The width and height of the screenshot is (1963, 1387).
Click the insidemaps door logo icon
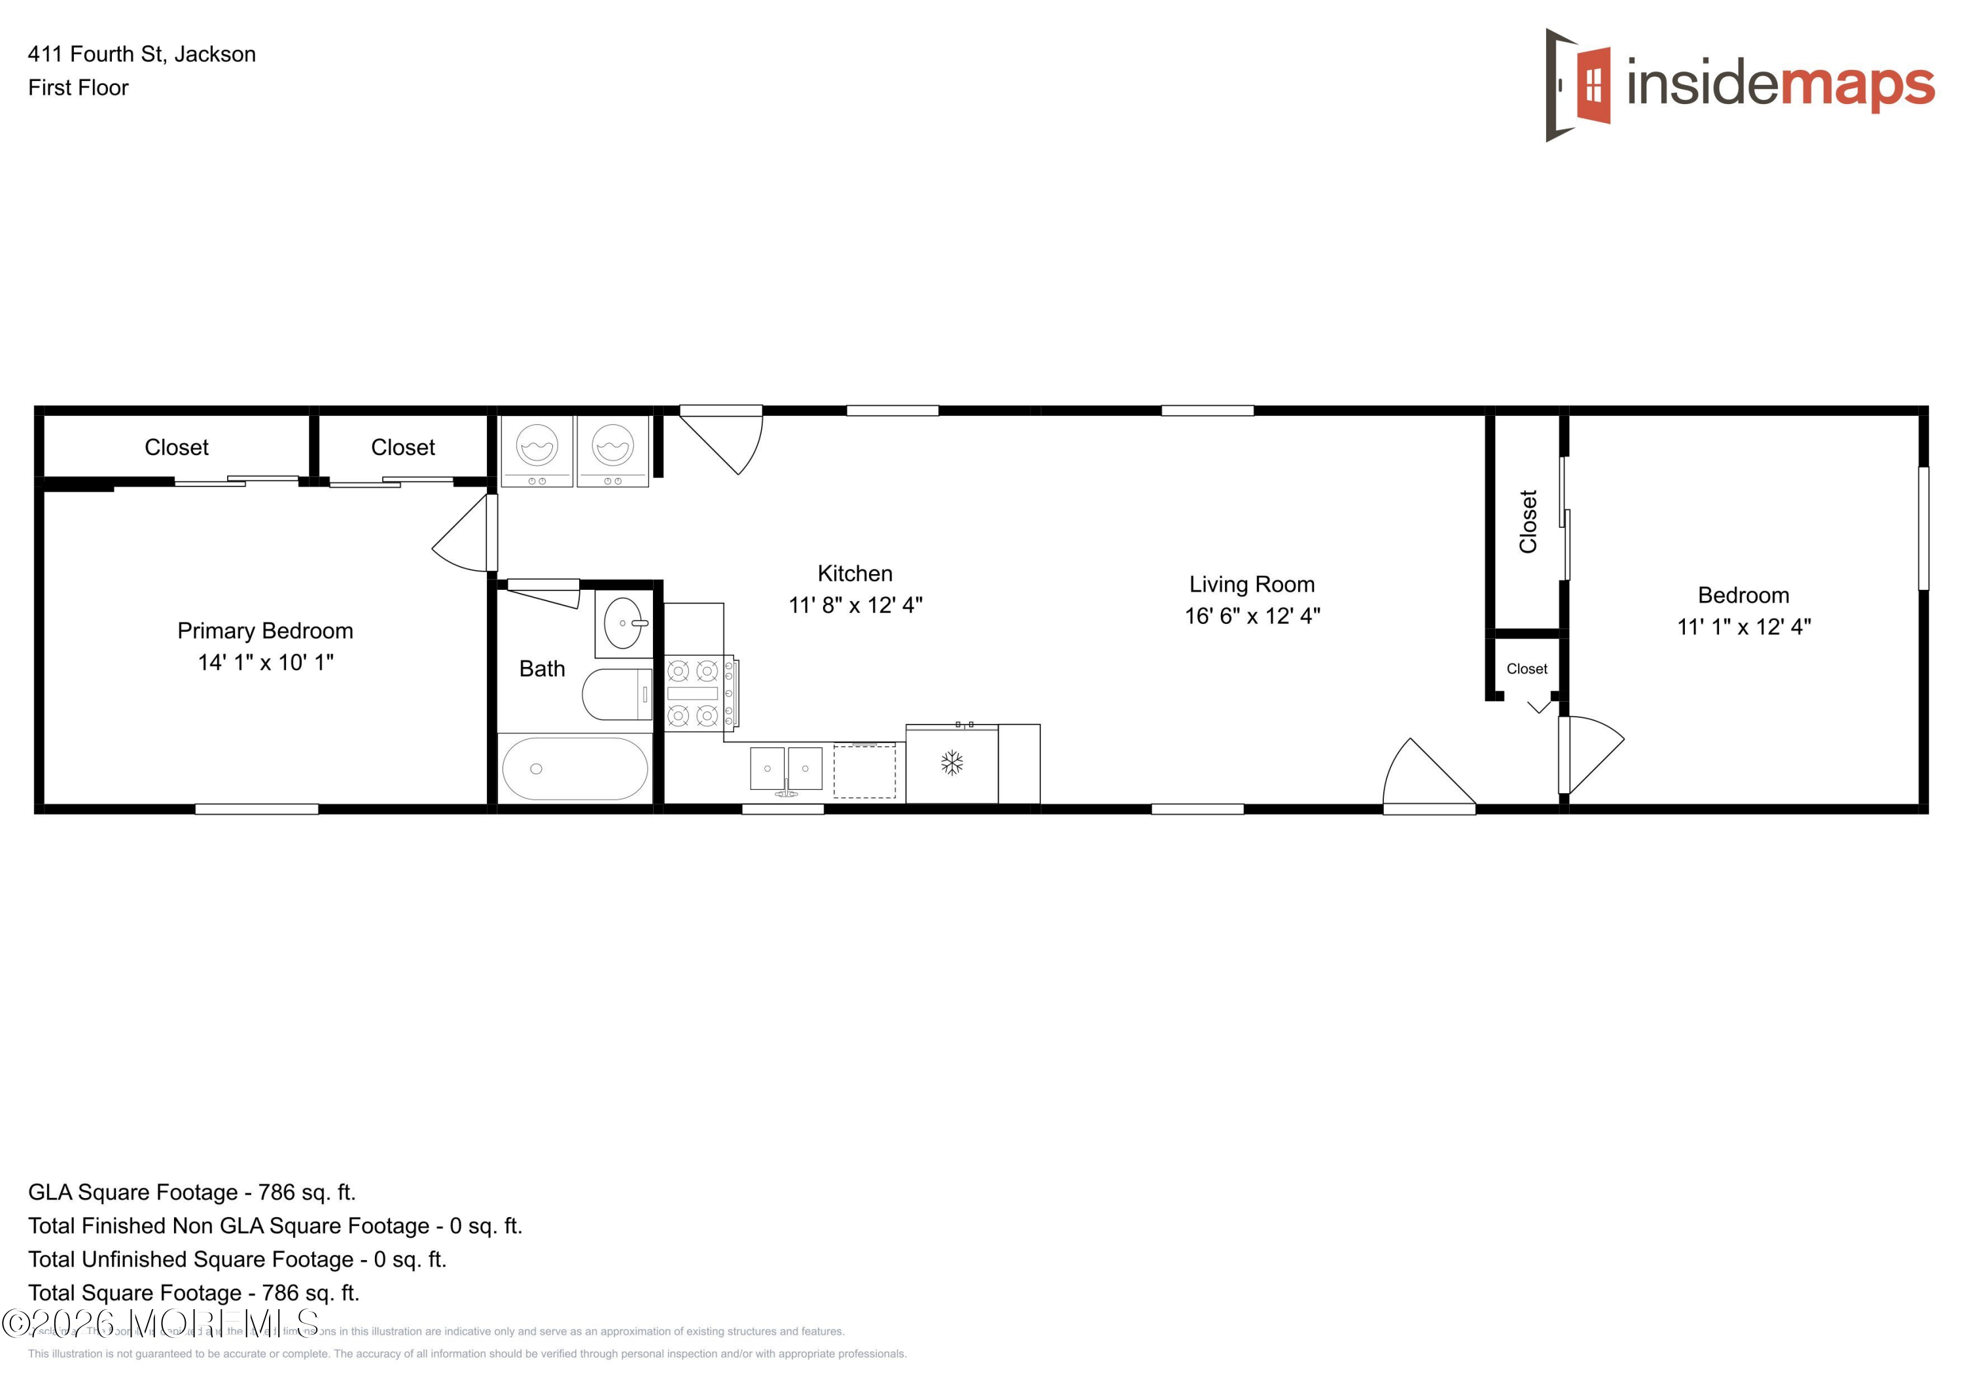(x=1578, y=84)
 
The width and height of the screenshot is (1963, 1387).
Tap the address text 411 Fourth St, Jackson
(x=142, y=54)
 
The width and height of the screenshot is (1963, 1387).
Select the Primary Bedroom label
(x=265, y=630)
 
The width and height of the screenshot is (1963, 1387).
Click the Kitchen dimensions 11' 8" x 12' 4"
(x=855, y=605)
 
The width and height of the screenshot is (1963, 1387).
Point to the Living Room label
(x=1252, y=585)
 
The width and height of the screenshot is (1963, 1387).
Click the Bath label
(x=542, y=668)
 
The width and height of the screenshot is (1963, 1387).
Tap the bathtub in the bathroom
(x=575, y=768)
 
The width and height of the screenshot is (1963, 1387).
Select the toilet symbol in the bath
(x=616, y=694)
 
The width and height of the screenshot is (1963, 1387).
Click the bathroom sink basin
(x=624, y=623)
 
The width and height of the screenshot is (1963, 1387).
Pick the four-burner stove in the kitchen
(x=694, y=693)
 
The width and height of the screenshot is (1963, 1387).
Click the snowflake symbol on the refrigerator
(x=951, y=762)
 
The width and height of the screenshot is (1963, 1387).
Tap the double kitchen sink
(x=786, y=768)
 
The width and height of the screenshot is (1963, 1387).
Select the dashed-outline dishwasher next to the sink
(x=864, y=771)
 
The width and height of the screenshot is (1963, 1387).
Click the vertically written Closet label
(x=1528, y=521)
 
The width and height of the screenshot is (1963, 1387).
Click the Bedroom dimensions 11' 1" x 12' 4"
(x=1743, y=626)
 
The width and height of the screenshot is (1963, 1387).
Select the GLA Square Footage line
(x=192, y=1192)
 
